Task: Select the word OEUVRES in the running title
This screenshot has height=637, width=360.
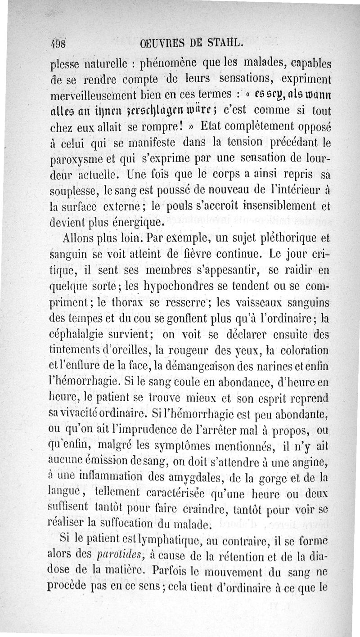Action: tap(161, 44)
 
